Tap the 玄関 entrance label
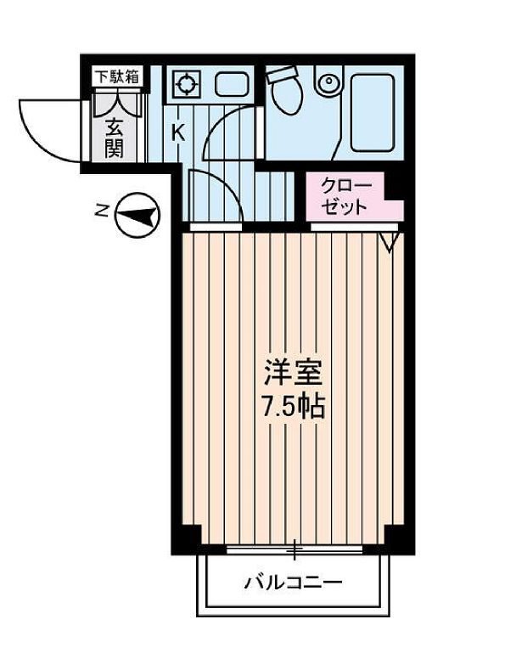click(x=115, y=138)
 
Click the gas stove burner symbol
click(x=183, y=83)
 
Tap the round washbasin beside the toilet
click(x=328, y=84)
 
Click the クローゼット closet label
click(x=345, y=196)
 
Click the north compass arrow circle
click(x=135, y=215)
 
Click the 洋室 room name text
click(x=292, y=374)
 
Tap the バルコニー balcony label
click(x=294, y=583)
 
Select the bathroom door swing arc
click(x=229, y=132)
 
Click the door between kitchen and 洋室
click(x=214, y=195)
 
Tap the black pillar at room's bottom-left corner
click(x=188, y=538)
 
